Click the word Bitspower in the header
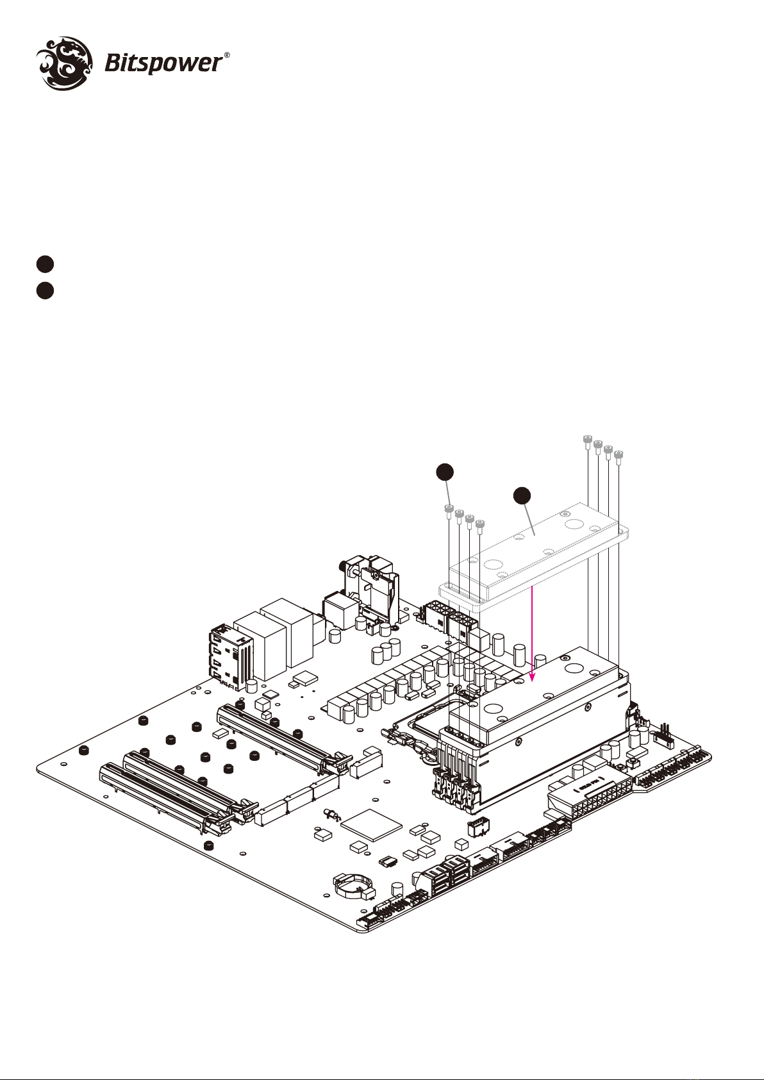coord(163,65)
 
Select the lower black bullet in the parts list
coord(44,290)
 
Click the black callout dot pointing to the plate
coord(522,495)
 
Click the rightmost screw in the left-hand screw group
coord(480,525)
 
